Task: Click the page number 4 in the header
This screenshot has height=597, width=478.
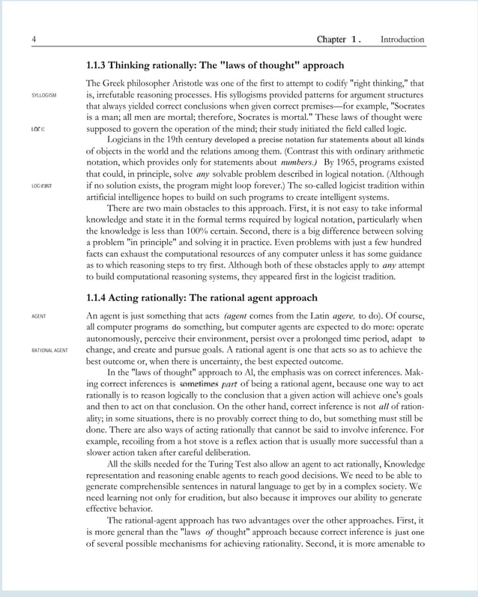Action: tap(34, 39)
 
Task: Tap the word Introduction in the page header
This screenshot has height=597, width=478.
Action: tap(402, 39)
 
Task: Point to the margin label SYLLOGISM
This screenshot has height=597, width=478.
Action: tap(43, 96)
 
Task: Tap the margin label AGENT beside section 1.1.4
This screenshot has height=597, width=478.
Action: tap(38, 317)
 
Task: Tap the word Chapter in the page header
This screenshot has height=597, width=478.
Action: tap(331, 39)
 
